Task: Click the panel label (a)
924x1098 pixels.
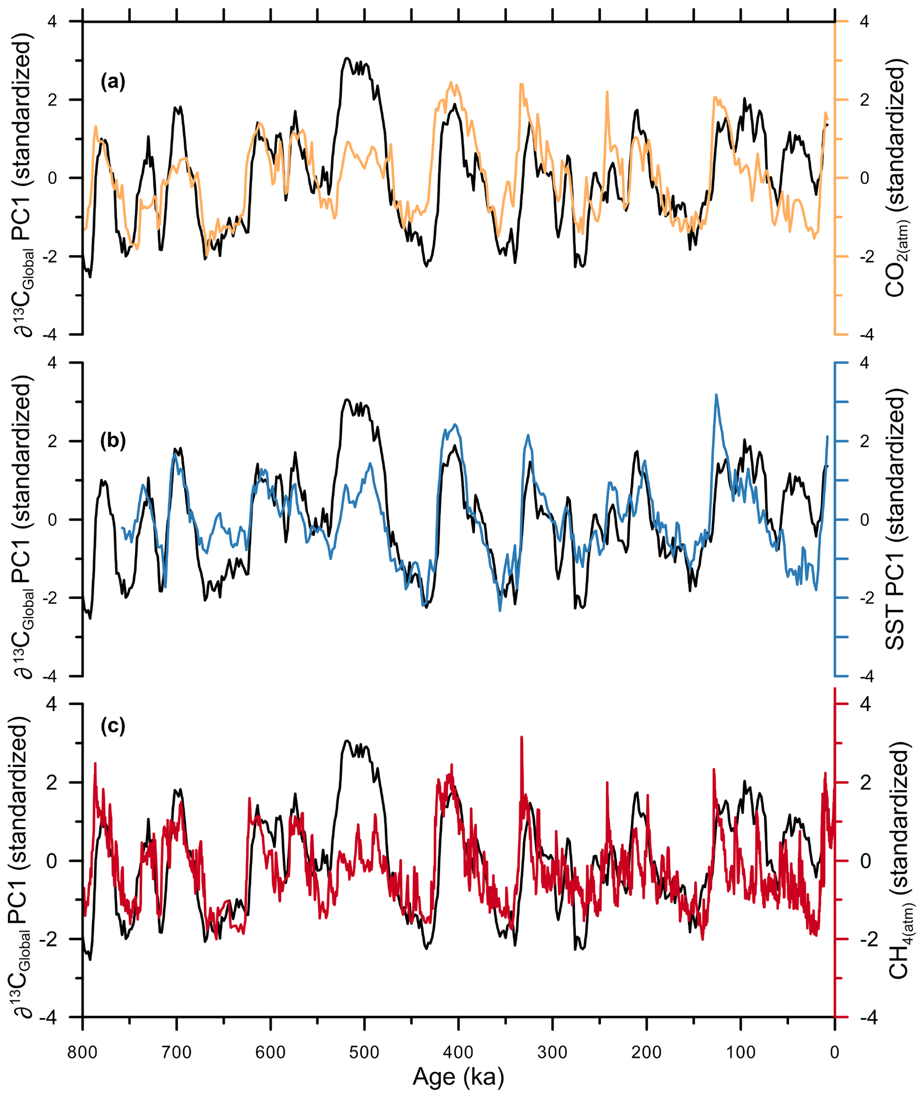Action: [x=113, y=82]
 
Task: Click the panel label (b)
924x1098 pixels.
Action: [x=113, y=441]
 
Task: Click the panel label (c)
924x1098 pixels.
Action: [x=113, y=726]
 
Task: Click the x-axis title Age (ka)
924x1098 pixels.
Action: [x=458, y=1077]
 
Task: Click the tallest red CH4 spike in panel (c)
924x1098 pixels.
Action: [x=522, y=738]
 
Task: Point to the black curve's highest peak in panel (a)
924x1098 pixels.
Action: [x=346, y=58]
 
